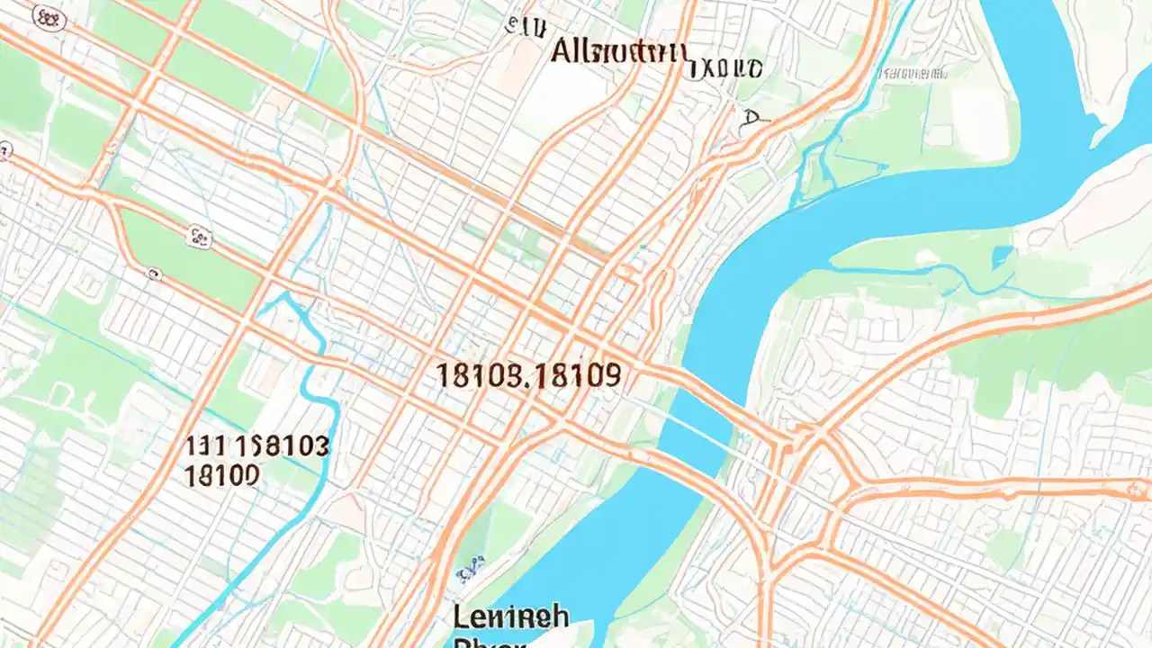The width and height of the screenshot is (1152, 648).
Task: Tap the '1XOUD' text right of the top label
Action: (727, 67)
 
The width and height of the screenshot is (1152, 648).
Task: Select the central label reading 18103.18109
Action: (528, 375)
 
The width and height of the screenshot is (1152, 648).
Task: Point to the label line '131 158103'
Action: (257, 445)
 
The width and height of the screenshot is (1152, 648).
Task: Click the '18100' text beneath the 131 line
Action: (221, 475)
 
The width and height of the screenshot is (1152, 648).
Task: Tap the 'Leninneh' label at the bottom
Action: (510, 617)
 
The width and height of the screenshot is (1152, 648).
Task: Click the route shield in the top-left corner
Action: (49, 18)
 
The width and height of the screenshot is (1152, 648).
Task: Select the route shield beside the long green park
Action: (199, 237)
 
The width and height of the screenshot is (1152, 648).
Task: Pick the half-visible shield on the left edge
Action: (4, 151)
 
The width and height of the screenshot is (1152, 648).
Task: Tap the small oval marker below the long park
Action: (154, 273)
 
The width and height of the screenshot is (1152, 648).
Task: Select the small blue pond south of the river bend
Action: (1001, 257)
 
